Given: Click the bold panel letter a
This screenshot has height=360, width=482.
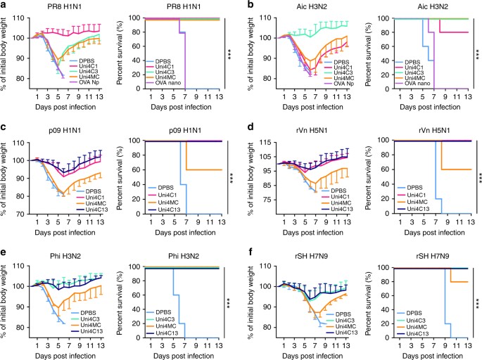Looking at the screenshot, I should pyautogui.click(x=4, y=5).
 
